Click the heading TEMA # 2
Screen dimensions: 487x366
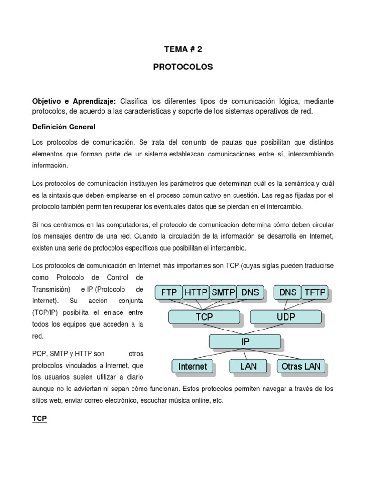183,49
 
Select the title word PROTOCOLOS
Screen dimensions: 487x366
183,68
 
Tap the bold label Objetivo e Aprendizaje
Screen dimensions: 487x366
74,102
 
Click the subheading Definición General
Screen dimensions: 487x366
64,127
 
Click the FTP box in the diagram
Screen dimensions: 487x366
169,292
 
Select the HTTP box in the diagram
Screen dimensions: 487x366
196,292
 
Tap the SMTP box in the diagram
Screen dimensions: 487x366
223,292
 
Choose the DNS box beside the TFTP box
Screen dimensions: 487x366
287,292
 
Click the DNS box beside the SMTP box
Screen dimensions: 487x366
250,292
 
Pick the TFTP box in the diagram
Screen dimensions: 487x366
315,292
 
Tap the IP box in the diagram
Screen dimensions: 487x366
244,341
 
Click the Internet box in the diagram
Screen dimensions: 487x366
193,366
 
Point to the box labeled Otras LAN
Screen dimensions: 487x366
301,366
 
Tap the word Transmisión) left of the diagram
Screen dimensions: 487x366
51,289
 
